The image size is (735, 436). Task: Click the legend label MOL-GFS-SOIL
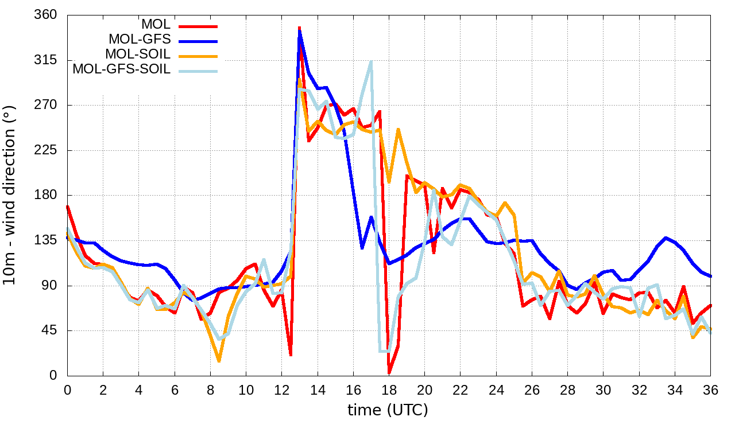pyautogui.click(x=122, y=70)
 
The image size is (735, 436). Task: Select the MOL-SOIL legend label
pyautogui.click(x=138, y=54)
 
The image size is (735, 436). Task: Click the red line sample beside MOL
pyautogui.click(x=198, y=25)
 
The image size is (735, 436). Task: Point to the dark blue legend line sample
pyautogui.click(x=198, y=40)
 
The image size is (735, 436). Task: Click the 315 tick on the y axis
pyautogui.click(x=47, y=60)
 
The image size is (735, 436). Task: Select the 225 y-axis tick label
pyautogui.click(x=47, y=150)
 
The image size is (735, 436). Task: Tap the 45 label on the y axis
pyautogui.click(x=50, y=331)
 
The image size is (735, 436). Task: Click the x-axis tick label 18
pyautogui.click(x=389, y=389)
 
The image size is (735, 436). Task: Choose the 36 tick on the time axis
pyautogui.click(x=711, y=389)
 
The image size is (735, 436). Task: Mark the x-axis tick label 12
pyautogui.click(x=281, y=389)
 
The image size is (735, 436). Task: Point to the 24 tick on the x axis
pyautogui.click(x=496, y=389)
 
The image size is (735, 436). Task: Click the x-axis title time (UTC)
pyautogui.click(x=388, y=410)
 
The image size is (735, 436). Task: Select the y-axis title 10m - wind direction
pyautogui.click(x=10, y=195)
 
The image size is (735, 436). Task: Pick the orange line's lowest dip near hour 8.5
pyautogui.click(x=219, y=361)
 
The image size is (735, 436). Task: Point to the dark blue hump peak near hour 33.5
pyautogui.click(x=666, y=238)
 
